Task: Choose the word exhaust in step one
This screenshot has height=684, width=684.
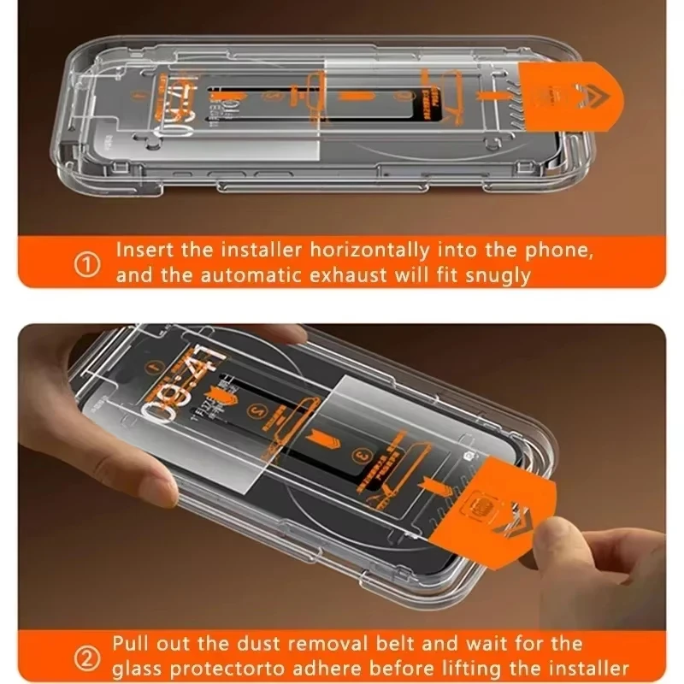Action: pyautogui.click(x=333, y=276)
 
